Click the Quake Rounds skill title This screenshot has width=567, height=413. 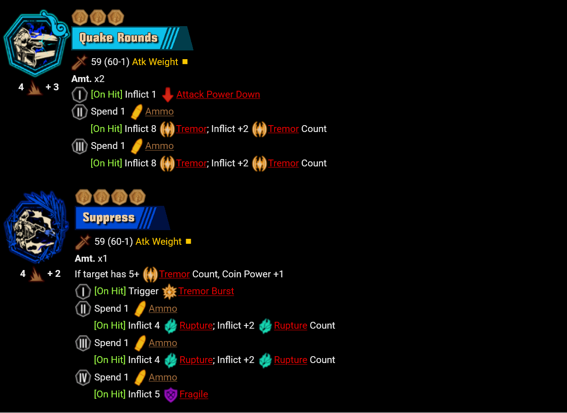[x=118, y=38]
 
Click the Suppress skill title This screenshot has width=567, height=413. [x=109, y=218]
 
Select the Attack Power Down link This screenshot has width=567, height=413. [x=218, y=95]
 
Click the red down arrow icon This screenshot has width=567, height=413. [x=168, y=95]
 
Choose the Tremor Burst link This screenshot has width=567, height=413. [x=206, y=292]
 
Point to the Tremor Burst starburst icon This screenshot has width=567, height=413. [x=170, y=292]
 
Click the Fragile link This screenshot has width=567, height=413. [x=193, y=395]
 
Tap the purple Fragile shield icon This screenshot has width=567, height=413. [x=171, y=395]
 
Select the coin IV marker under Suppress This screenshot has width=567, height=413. [x=83, y=378]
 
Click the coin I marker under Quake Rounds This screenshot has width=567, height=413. [x=80, y=95]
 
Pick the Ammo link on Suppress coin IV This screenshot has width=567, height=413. [x=163, y=378]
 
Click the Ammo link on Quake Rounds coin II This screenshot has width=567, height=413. [x=159, y=112]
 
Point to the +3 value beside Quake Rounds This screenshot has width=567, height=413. [x=52, y=87]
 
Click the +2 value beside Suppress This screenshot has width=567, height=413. [x=54, y=274]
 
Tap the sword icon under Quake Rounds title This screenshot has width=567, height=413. [x=79, y=62]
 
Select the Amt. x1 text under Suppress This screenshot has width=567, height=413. [x=91, y=259]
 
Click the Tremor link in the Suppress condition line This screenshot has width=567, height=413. [x=174, y=275]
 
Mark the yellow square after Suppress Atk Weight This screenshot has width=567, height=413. [x=188, y=242]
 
